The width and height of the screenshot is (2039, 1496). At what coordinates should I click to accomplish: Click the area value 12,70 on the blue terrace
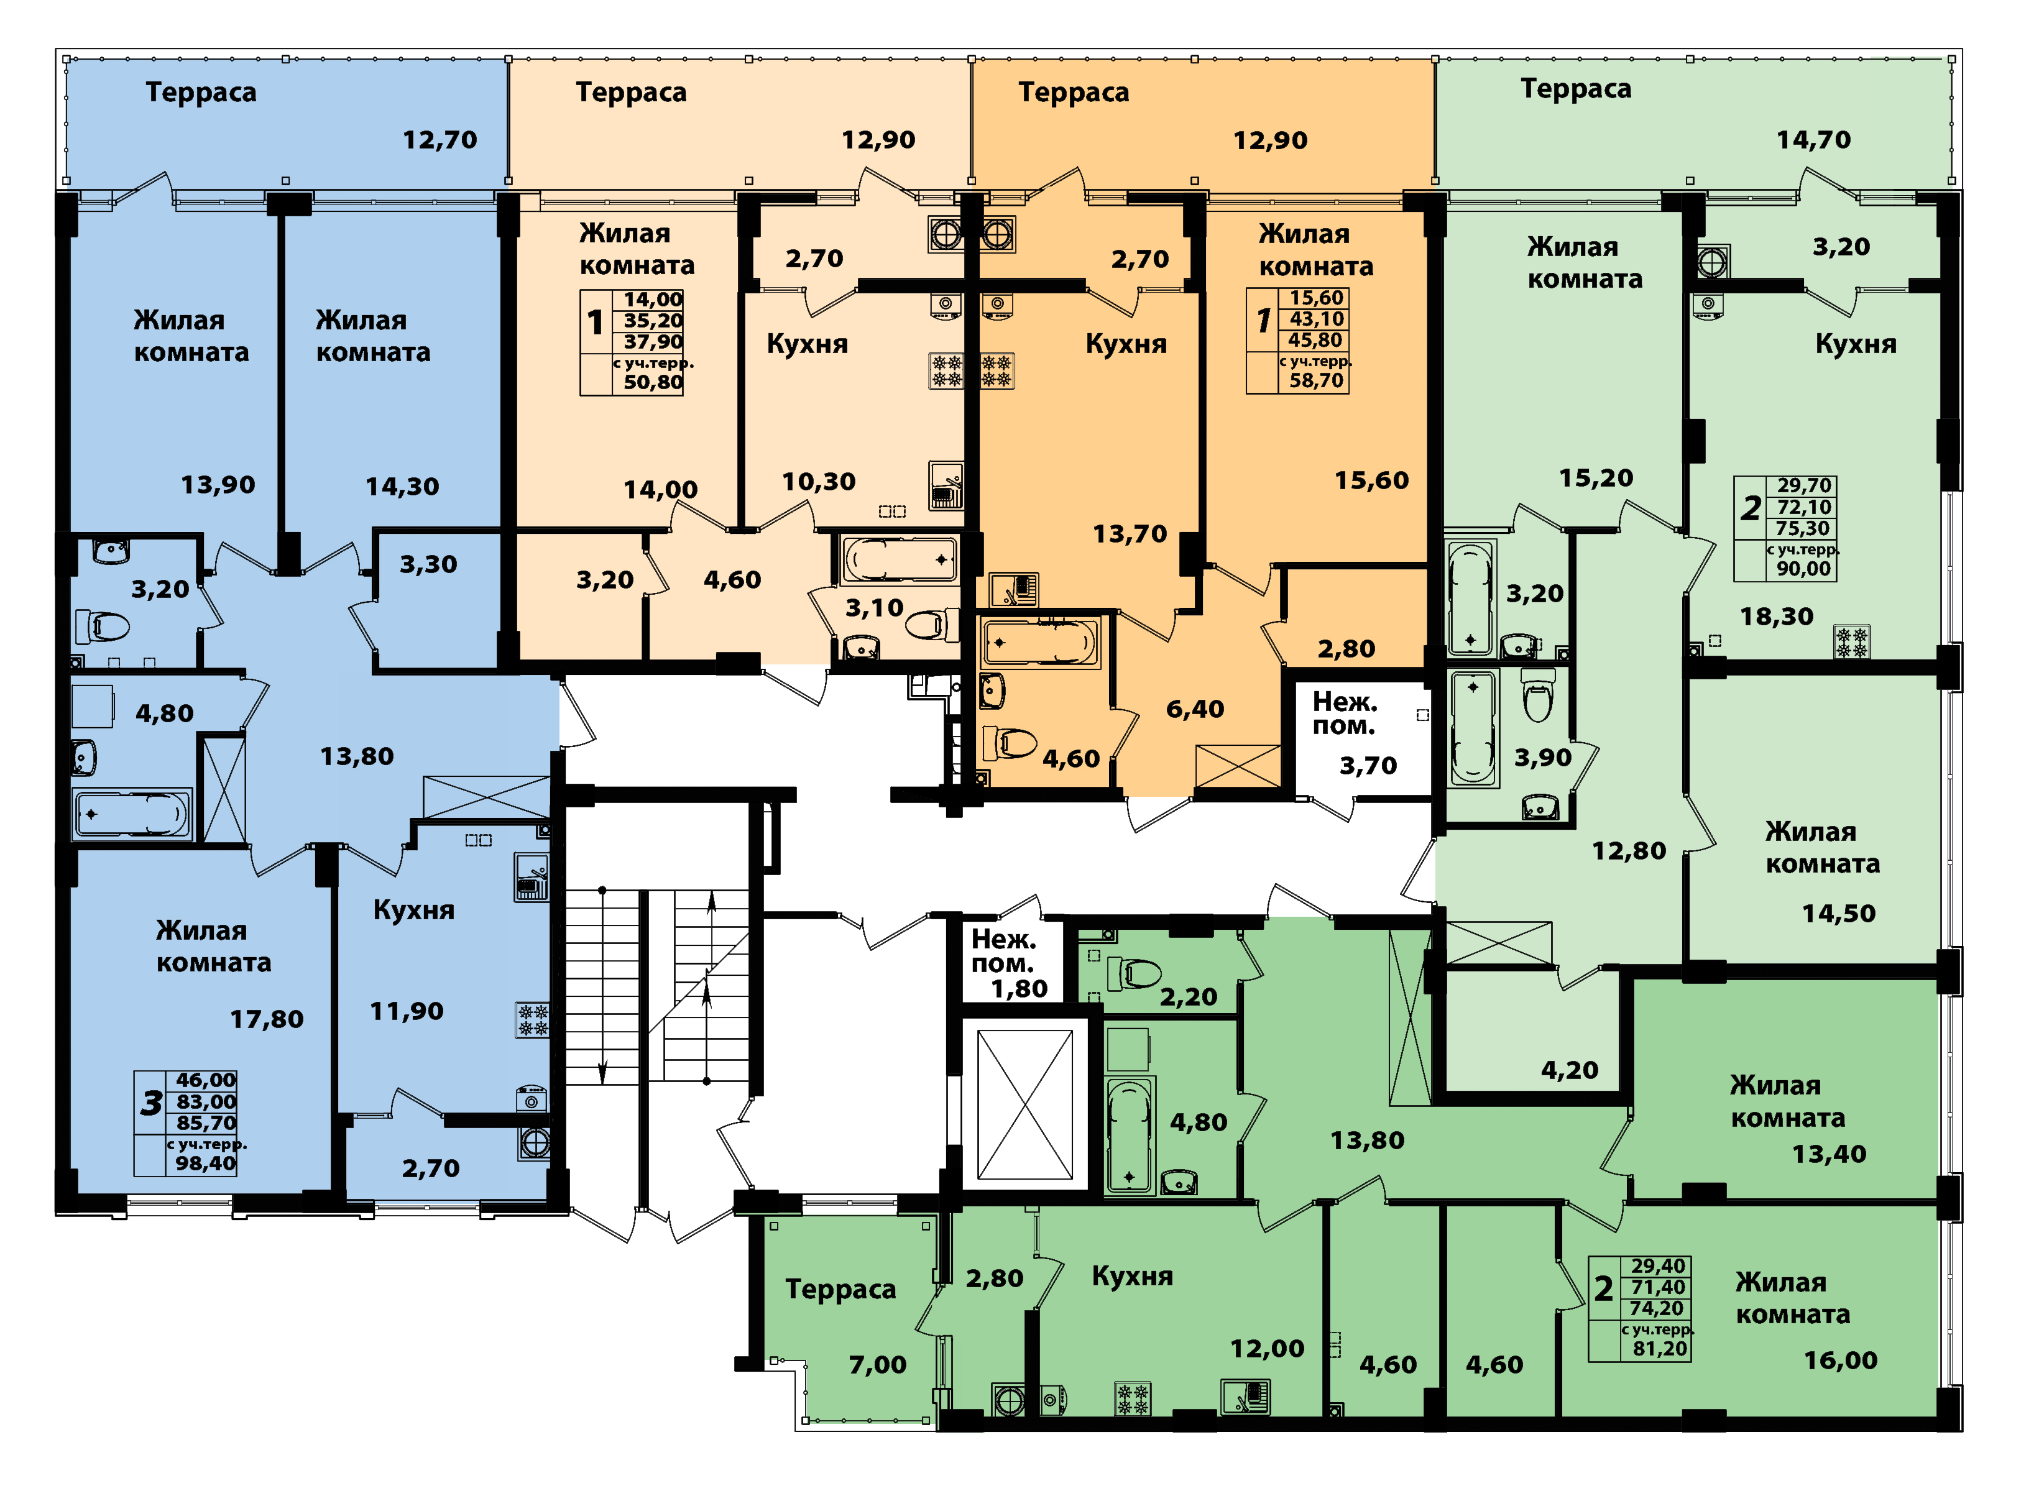(x=440, y=139)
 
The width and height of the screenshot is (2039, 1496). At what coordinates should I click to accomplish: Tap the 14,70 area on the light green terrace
(x=1813, y=139)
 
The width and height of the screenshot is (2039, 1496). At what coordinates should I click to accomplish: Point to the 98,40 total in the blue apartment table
(x=206, y=1163)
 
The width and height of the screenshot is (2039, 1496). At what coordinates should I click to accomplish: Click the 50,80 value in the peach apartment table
(x=653, y=382)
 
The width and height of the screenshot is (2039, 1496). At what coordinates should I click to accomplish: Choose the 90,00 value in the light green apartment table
(x=1803, y=569)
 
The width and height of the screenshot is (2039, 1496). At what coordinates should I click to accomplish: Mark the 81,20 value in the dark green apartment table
(x=1660, y=1349)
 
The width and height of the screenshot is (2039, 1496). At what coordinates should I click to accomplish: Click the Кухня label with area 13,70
(x=1126, y=344)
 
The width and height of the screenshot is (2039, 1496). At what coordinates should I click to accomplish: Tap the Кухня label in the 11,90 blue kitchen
(x=414, y=910)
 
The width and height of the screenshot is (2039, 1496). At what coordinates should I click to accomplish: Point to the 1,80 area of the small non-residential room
(x=1019, y=989)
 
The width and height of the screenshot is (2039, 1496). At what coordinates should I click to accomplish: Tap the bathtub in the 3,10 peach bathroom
(x=898, y=559)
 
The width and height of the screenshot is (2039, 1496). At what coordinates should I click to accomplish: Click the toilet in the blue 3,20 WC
(x=103, y=626)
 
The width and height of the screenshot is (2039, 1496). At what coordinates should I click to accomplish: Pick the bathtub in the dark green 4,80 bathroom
(x=1130, y=1137)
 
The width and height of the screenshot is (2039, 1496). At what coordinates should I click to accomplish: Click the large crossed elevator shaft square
(x=1024, y=1104)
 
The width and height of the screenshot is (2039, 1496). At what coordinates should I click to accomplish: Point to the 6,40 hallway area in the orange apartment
(x=1195, y=709)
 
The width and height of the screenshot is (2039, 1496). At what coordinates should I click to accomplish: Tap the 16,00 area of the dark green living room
(x=1841, y=1360)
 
